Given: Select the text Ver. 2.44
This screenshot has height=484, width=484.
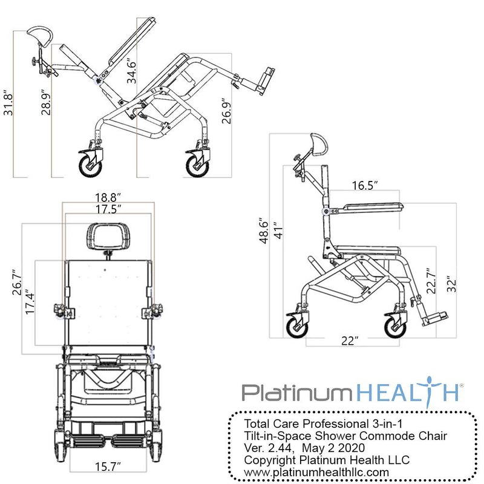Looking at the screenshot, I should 267,448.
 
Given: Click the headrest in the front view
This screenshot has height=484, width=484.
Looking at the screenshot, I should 109,235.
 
